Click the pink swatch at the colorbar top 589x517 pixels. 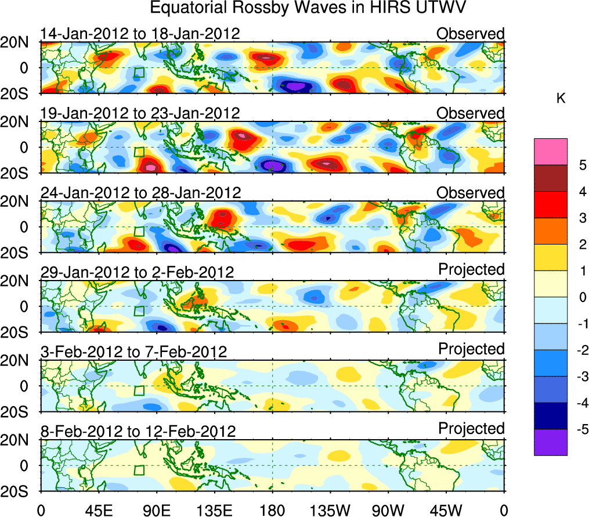[x=550, y=152]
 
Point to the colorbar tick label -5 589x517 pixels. [x=580, y=429]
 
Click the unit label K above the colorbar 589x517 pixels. [x=561, y=99]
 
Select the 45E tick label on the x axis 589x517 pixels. [x=98, y=511]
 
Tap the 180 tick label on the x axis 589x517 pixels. [x=272, y=511]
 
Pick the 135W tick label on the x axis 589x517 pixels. [x=330, y=511]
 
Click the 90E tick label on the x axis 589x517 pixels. [x=156, y=511]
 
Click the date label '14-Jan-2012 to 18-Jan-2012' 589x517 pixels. [x=140, y=34]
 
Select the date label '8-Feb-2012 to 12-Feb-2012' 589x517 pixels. [x=138, y=432]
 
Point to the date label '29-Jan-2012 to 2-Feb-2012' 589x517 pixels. [x=137, y=272]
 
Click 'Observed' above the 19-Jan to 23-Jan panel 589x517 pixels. [x=471, y=113]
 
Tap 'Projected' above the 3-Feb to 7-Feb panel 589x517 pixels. [x=471, y=349]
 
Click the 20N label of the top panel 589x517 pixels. [x=19, y=42]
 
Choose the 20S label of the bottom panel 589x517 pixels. [x=19, y=492]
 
